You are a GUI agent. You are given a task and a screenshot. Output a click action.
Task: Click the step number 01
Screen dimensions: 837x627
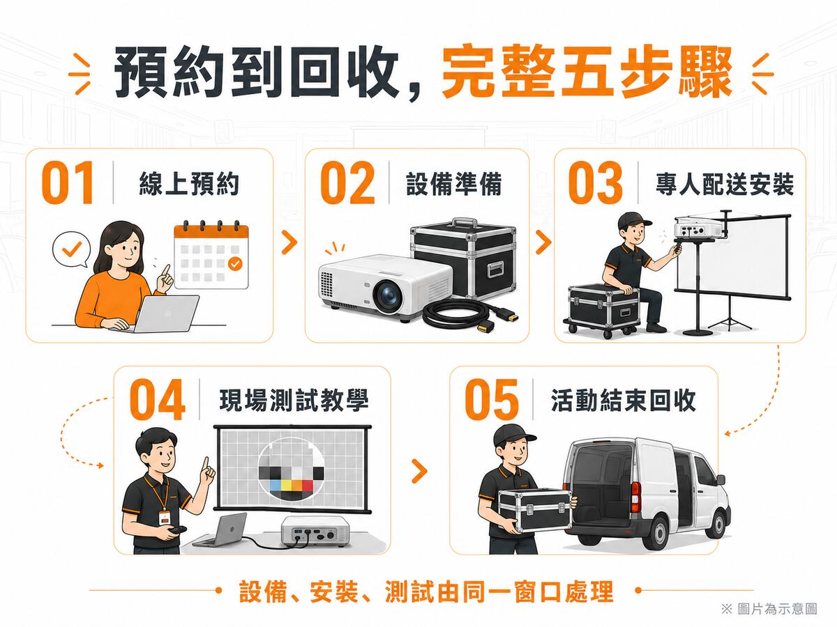[68, 183]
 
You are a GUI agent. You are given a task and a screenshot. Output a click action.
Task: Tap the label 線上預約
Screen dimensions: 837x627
[189, 184]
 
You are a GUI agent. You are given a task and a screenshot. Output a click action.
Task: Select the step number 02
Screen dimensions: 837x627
[347, 183]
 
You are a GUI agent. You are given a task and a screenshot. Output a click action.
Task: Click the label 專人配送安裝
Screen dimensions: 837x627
[725, 184]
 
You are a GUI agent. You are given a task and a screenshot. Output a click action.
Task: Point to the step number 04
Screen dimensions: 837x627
[157, 399]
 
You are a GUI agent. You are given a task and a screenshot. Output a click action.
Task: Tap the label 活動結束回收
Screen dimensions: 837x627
[623, 401]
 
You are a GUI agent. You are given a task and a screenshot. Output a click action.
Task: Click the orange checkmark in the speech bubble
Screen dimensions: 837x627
[72, 249]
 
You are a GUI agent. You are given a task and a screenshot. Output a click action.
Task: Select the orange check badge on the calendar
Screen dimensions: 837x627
[235, 263]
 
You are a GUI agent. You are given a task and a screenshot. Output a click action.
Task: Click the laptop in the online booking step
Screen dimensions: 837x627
[164, 313]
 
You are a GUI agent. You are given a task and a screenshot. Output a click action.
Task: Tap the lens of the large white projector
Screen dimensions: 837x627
[389, 296]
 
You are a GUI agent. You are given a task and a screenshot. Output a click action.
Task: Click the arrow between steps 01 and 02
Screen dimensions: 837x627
[289, 242]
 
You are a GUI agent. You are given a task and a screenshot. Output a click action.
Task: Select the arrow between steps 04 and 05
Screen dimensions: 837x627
[419, 472]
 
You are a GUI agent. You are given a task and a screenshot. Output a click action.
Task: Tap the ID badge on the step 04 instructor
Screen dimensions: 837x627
[164, 518]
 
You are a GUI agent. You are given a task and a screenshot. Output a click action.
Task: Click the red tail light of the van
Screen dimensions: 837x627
[636, 497]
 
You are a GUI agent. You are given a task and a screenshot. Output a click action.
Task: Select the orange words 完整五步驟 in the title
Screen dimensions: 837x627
[587, 73]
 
